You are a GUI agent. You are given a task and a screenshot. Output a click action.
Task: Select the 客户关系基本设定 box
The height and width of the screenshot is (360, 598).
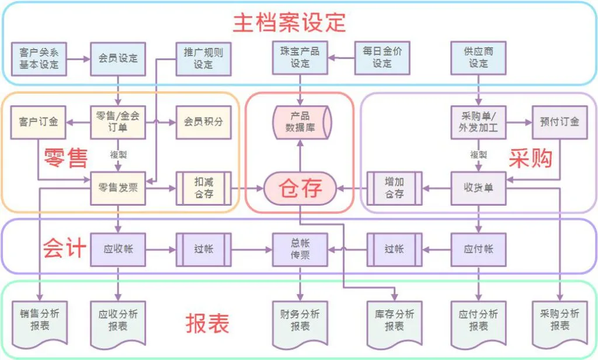[x=39, y=58]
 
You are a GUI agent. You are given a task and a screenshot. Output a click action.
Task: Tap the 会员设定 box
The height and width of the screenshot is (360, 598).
[x=119, y=58]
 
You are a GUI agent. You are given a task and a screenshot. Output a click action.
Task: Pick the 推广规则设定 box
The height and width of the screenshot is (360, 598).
[x=203, y=58]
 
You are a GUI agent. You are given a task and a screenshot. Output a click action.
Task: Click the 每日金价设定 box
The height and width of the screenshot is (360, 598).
[x=383, y=58]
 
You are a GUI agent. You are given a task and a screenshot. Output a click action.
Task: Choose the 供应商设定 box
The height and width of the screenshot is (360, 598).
[x=478, y=58]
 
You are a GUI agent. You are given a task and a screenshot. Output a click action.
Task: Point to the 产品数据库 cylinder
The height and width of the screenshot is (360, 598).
[x=302, y=122]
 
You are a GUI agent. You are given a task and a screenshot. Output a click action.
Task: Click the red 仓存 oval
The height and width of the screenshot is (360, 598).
[x=301, y=188]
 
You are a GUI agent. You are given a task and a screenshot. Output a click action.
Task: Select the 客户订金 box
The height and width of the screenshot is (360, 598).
[x=39, y=122]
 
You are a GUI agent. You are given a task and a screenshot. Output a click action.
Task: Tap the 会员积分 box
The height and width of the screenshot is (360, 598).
[x=203, y=122]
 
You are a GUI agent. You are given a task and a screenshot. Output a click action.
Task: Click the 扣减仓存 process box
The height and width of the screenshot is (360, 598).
[x=203, y=188]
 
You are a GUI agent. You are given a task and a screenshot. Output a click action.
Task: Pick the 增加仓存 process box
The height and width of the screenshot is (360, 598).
[x=394, y=188]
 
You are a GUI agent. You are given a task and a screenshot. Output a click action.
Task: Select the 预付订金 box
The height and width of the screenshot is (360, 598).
[x=559, y=122]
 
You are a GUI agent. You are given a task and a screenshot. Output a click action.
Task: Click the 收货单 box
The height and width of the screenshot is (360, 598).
[x=478, y=188]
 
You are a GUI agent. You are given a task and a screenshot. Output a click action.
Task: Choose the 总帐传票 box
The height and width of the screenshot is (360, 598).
[x=300, y=250]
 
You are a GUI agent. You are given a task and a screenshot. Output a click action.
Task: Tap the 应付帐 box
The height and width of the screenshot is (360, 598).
[x=478, y=250]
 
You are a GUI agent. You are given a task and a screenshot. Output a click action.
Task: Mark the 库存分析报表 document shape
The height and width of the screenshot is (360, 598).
[x=394, y=320]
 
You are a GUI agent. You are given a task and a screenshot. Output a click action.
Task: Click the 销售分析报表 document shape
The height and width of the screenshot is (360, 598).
[x=39, y=320]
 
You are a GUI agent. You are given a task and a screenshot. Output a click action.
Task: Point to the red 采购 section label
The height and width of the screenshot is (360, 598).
[x=530, y=158]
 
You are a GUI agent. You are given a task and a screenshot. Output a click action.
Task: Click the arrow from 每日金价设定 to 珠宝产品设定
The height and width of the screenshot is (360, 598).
[x=341, y=58]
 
